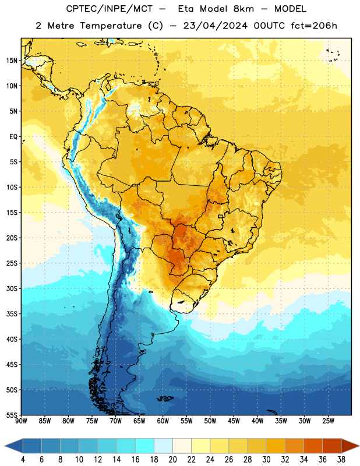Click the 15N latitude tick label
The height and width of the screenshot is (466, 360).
12,61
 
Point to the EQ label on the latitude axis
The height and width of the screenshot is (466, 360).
13,137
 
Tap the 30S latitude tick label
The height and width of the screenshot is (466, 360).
12,288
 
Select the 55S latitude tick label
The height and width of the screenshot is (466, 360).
12,415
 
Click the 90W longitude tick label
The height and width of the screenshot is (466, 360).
22,421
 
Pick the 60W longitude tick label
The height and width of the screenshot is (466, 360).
163,421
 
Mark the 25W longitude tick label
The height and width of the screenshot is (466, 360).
328,421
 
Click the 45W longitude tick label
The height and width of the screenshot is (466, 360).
234,421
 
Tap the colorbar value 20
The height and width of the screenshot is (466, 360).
172,460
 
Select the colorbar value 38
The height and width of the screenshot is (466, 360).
341,460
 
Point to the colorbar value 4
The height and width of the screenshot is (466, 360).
23,460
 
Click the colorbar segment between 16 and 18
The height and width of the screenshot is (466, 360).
144,446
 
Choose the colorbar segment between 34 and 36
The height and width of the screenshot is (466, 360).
313,446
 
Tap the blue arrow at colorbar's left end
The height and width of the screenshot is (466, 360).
13,446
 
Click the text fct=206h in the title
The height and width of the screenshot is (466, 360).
314,26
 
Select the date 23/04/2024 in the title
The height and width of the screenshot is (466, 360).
215,26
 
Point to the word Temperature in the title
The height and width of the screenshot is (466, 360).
111,26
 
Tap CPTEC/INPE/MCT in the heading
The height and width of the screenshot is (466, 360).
109,9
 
